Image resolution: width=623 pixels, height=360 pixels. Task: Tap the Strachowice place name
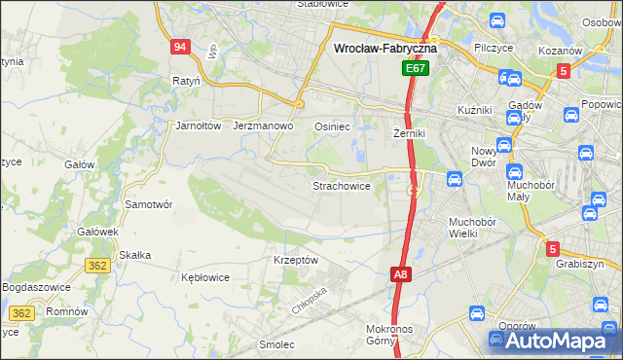(341, 185)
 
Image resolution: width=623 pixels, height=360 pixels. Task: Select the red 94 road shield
(179, 48)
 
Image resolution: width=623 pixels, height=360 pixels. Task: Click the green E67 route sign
(416, 69)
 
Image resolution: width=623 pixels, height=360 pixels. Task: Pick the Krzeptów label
(296, 260)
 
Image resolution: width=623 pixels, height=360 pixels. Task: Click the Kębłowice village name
(205, 277)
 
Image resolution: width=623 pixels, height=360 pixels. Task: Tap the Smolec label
(276, 343)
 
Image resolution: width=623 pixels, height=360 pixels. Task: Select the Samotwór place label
(149, 204)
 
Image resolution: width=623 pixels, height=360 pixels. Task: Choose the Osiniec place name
(332, 126)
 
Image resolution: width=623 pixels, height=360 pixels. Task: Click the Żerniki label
(410, 132)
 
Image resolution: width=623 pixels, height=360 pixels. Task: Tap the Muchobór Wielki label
(473, 228)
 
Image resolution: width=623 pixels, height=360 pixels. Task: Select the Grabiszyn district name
(580, 264)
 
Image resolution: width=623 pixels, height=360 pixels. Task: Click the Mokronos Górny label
(393, 336)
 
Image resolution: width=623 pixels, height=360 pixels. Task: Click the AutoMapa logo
(554, 341)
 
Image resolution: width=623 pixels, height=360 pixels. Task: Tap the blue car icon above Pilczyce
(496, 21)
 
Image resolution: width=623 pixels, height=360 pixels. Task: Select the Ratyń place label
(185, 81)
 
